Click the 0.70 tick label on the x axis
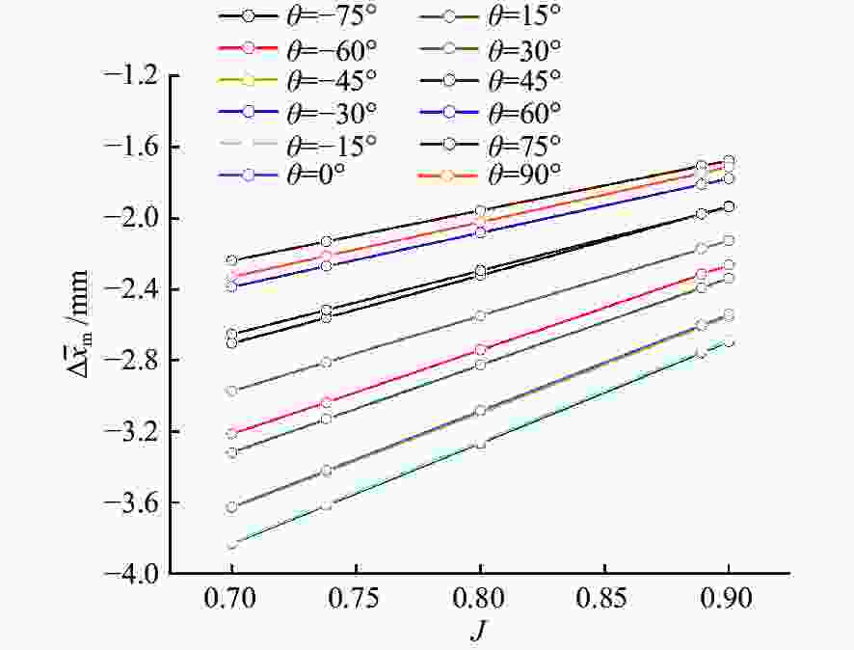[231, 599]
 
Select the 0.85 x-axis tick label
[604, 599]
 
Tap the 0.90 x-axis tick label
[729, 599]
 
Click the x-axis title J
[479, 631]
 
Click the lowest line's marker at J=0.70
[231, 545]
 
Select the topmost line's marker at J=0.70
[231, 260]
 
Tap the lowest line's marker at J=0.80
[480, 444]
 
